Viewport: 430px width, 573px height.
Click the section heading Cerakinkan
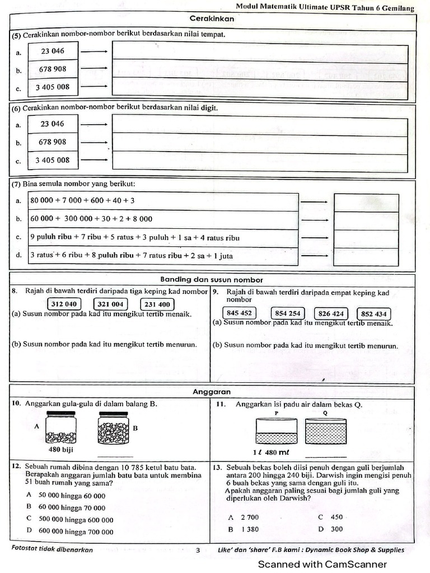(x=212, y=18)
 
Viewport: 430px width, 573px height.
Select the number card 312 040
(x=65, y=304)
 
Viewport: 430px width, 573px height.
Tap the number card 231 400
(x=157, y=304)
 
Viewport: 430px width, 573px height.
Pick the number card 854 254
(x=288, y=313)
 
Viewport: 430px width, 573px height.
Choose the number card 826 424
(x=331, y=313)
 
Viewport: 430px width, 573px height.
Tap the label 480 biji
(x=61, y=449)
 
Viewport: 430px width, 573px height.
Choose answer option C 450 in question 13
(x=330, y=517)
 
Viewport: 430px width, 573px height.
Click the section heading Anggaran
(x=212, y=392)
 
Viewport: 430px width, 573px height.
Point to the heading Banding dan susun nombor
(x=212, y=280)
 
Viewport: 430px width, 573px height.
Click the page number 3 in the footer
(x=198, y=550)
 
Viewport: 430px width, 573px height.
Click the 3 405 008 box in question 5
(x=53, y=87)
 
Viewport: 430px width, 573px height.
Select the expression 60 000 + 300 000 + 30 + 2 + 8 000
(x=91, y=219)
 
